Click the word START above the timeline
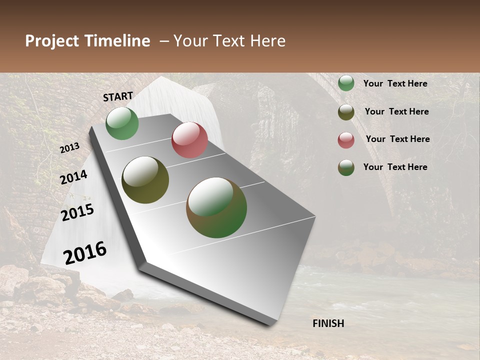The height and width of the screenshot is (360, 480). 118,96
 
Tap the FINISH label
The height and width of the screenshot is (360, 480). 328,323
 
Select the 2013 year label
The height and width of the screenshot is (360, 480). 69,147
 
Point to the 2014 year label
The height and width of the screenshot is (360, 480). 74,177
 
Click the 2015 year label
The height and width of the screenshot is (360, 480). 77,212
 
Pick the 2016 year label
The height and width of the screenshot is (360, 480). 85,253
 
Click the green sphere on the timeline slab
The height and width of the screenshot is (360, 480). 122,123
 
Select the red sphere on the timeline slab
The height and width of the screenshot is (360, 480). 189,140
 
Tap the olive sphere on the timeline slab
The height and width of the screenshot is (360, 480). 145,180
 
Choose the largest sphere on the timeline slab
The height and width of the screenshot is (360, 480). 216,207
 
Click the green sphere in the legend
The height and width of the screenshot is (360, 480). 346,83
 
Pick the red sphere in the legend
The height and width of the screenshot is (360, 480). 346,140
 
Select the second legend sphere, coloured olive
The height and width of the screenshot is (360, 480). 346,112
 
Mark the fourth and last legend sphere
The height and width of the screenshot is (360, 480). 346,167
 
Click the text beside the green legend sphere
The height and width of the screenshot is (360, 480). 395,83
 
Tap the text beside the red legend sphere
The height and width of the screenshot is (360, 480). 398,139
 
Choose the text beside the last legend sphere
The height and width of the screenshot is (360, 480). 395,167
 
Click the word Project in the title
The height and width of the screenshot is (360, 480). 52,41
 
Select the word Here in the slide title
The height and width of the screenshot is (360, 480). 267,41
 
